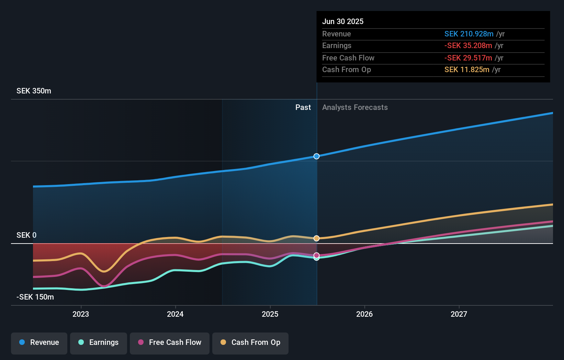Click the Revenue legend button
click(x=39, y=342)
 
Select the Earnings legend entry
click(x=99, y=342)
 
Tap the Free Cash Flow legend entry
click(x=170, y=342)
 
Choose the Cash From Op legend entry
click(x=250, y=342)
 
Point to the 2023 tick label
click(x=81, y=314)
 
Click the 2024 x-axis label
click(x=175, y=314)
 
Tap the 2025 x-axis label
click(x=270, y=314)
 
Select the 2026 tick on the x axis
click(x=364, y=314)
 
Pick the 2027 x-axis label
click(x=459, y=314)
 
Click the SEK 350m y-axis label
click(x=34, y=91)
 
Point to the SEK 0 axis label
click(x=26, y=235)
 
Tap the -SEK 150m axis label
click(x=35, y=297)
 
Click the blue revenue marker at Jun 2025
click(x=317, y=156)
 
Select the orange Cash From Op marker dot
click(x=317, y=238)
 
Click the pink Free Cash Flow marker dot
click(x=317, y=255)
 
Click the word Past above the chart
click(x=303, y=108)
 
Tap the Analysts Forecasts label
click(x=355, y=108)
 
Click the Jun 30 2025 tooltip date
click(x=343, y=22)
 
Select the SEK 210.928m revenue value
click(x=469, y=34)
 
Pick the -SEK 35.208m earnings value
click(x=468, y=46)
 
